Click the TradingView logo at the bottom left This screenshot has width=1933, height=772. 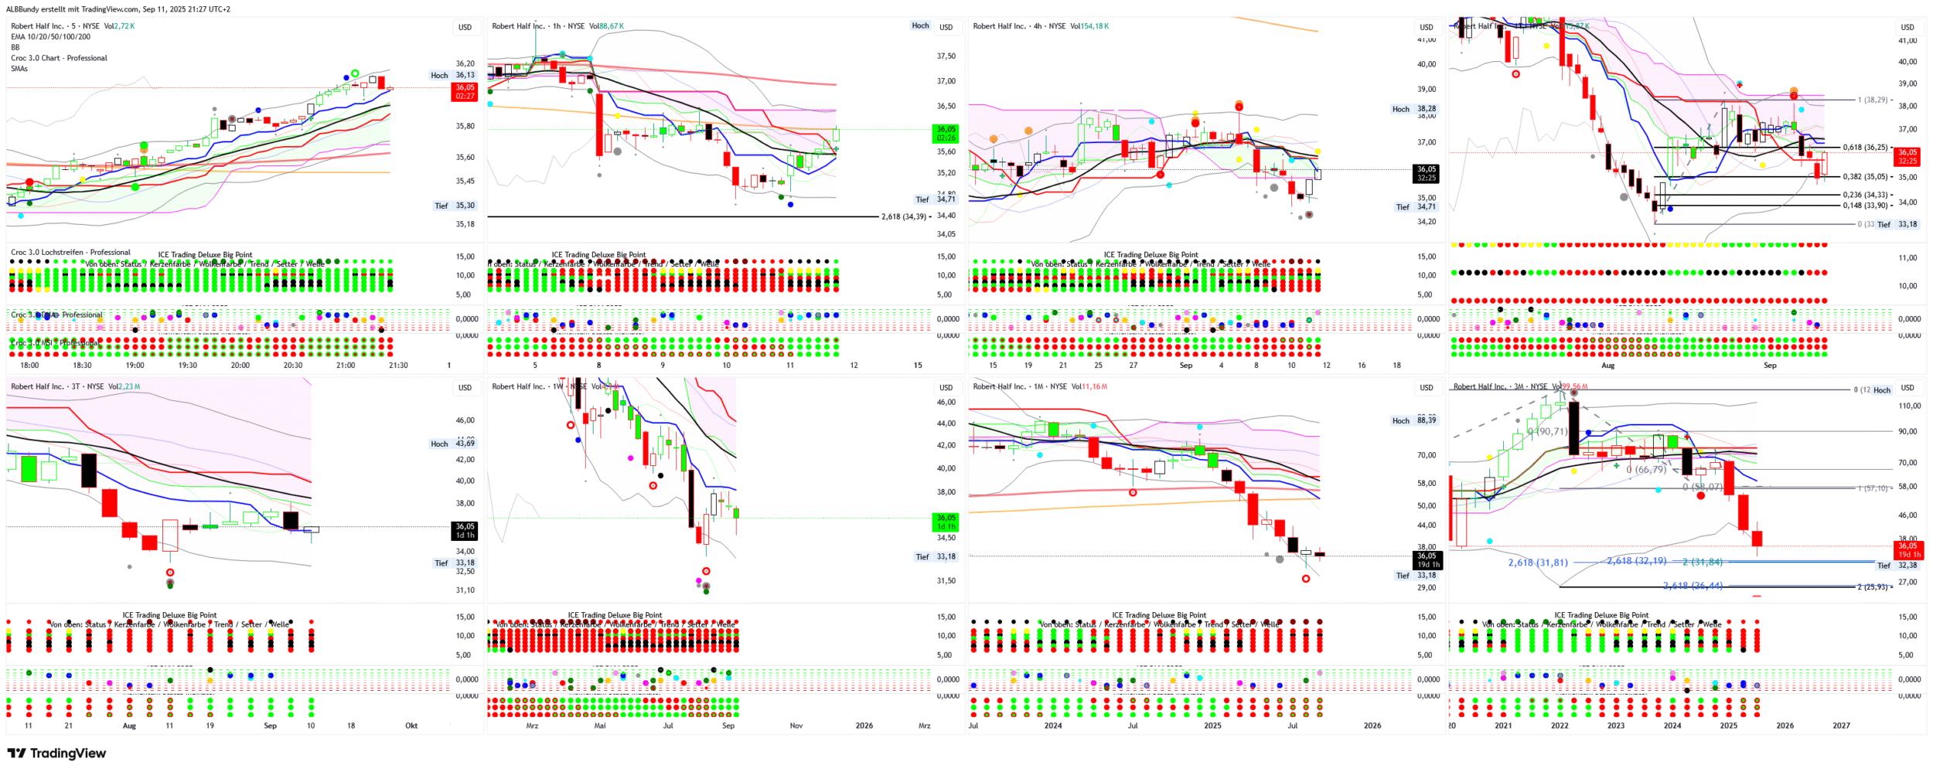56,753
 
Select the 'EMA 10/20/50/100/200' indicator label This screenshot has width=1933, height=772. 50,36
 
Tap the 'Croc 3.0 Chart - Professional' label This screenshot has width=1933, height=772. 59,58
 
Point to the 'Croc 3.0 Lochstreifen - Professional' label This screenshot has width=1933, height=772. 70,252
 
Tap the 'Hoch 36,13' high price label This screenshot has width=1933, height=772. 453,75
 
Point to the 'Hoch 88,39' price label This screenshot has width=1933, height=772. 1414,420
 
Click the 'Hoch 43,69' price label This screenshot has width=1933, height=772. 453,444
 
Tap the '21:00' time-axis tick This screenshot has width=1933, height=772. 346,366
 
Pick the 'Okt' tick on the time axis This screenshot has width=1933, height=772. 411,726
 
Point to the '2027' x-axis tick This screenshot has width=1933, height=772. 1841,726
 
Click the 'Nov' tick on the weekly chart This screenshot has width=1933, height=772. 796,726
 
